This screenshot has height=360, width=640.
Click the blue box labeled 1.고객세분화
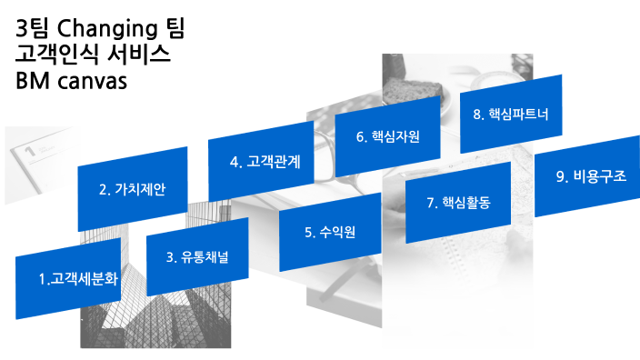tap(68, 279)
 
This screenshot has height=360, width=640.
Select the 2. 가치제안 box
tap(133, 190)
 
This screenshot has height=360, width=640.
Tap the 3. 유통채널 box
tap(197, 256)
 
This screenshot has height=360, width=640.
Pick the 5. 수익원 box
tap(329, 231)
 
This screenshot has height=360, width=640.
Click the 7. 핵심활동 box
tap(458, 203)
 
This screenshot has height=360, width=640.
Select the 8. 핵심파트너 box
tap(512, 115)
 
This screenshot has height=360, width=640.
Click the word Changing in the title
tap(101, 29)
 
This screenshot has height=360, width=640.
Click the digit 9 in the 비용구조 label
tap(560, 176)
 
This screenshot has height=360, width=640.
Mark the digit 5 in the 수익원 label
tap(308, 232)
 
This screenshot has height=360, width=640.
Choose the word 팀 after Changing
tap(171, 29)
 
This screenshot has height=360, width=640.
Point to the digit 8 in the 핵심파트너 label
tap(477, 115)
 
